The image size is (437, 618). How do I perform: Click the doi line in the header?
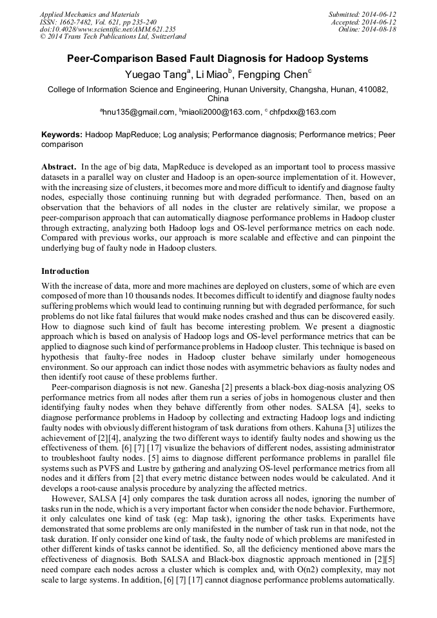point(107,29)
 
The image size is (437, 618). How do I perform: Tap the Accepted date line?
point(365,21)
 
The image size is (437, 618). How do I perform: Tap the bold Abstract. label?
point(59,166)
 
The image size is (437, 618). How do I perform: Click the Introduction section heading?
point(65,271)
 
